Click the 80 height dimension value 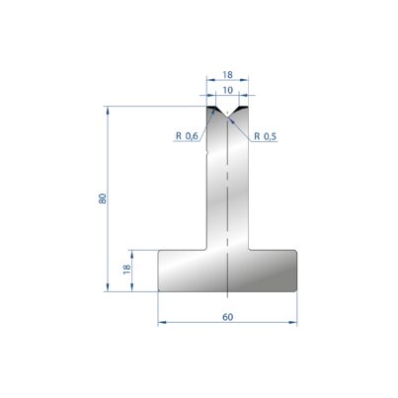coord(103,199)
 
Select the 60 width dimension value coord(227,317)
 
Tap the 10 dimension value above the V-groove coord(227,90)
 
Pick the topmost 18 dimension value coord(227,75)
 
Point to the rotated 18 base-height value coord(126,270)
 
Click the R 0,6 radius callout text coord(187,135)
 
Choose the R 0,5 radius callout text coord(266,136)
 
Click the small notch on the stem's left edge coord(207,153)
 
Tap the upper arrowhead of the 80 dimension coord(108,110)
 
